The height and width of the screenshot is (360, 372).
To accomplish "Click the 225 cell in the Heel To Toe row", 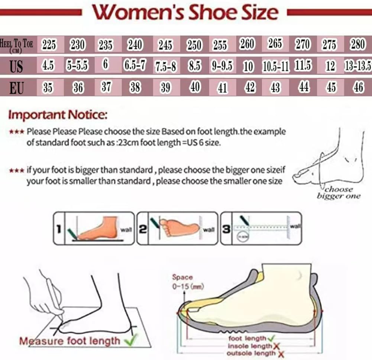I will pos(49,45).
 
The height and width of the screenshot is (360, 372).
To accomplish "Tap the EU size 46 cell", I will pos(358,87).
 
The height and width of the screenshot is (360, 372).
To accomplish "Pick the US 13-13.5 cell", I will pos(358,66).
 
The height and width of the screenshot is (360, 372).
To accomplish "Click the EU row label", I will pos(16,88).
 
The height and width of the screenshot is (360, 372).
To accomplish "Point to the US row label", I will pos(16,66).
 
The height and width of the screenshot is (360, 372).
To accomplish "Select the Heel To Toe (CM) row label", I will pos(17,45).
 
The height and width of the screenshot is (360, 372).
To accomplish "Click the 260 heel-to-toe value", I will pos(247,44).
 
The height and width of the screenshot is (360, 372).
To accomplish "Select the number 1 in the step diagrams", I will pos(59,228).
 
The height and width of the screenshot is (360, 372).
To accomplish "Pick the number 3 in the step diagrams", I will pos(226,229).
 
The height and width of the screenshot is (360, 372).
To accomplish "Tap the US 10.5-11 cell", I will pos(275,66).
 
